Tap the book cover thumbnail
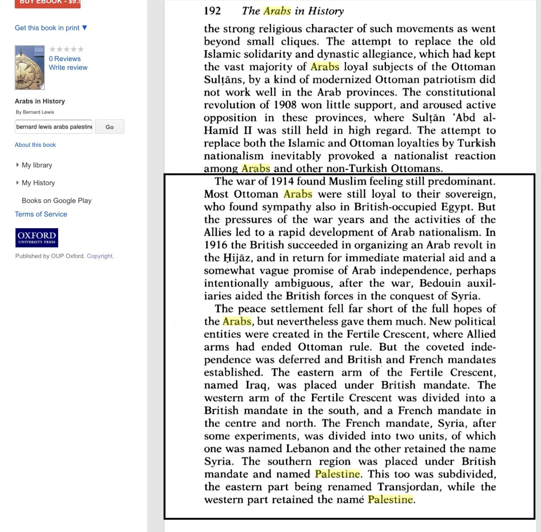point(29,67)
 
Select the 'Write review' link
point(68,68)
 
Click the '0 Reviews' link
point(64,59)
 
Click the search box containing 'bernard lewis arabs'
point(54,127)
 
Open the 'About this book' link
point(35,145)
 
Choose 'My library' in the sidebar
point(37,165)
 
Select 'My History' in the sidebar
point(38,183)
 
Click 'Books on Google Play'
point(56,201)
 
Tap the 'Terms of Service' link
point(41,214)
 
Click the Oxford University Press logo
point(37,238)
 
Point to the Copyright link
point(100,256)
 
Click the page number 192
point(212,11)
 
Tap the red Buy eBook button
point(47,3)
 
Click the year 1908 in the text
point(285,105)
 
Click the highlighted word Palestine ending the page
point(390,499)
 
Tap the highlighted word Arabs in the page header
point(277,11)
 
